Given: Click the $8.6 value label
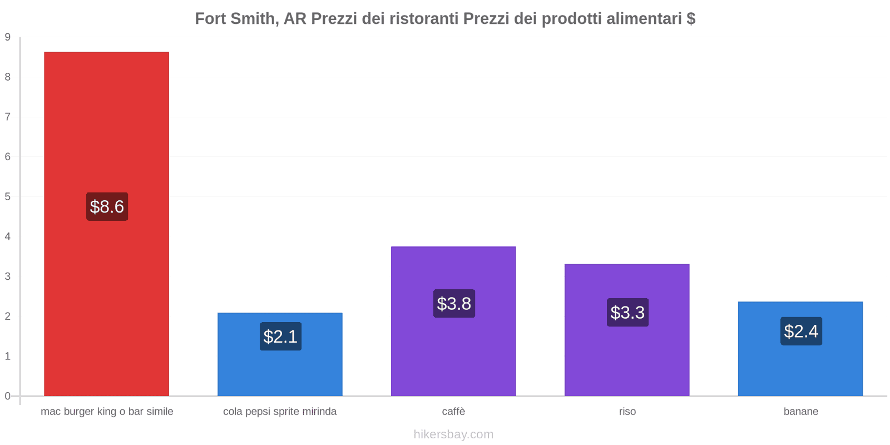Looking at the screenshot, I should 107,207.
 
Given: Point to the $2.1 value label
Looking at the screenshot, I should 280,337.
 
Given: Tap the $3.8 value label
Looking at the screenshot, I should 454,304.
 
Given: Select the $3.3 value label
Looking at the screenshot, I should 627,313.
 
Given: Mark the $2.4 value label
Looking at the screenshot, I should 801,332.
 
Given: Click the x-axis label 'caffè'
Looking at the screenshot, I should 453,412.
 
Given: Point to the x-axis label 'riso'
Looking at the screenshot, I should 627,412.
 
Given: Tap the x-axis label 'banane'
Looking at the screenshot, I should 800,412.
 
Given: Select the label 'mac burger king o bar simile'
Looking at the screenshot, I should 107,412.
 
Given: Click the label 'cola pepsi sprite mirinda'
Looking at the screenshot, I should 280,412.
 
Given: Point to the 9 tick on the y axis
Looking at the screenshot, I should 8,37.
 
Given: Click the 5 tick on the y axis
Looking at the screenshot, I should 8,197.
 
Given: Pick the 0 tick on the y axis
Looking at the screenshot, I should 8,396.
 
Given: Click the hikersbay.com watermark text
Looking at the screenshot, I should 453,434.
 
